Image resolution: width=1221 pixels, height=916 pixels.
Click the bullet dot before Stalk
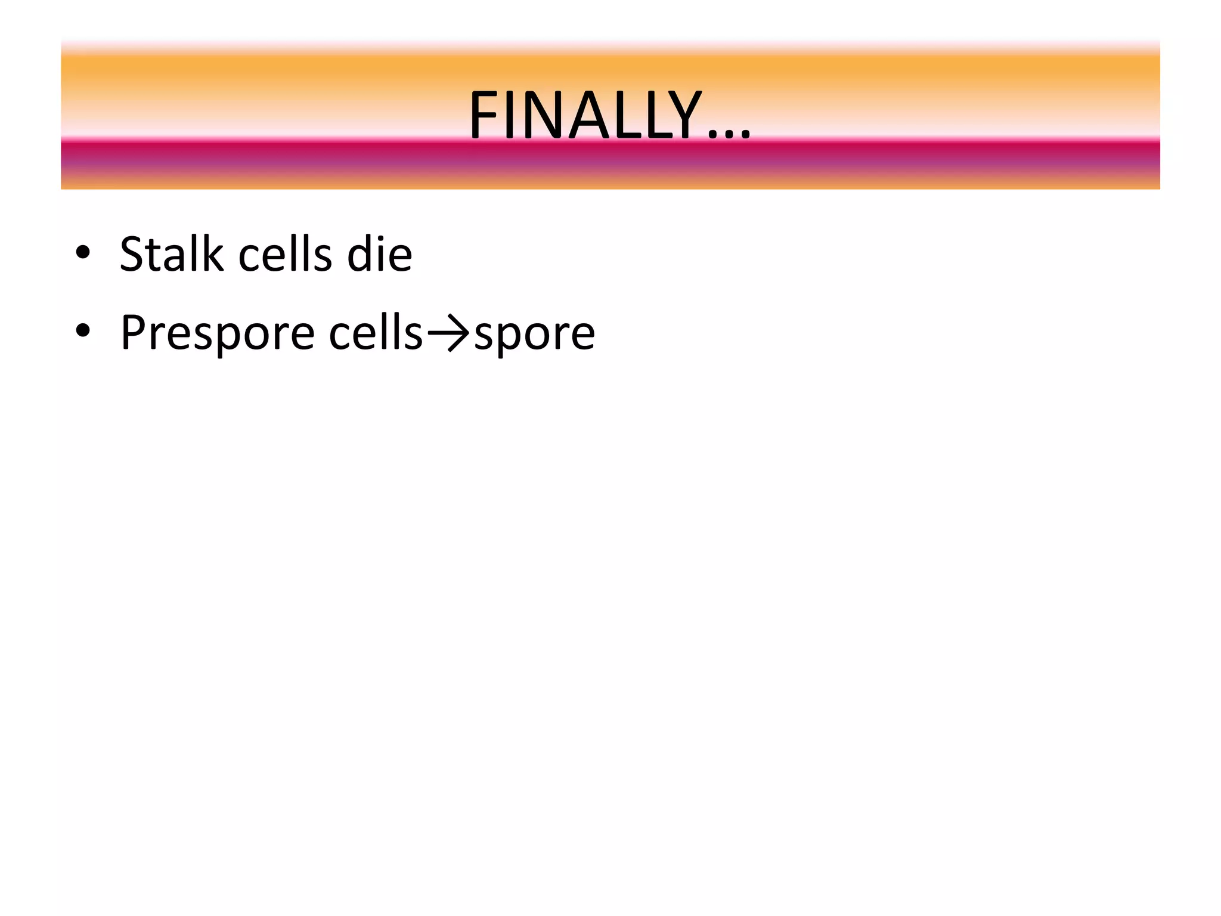point(83,252)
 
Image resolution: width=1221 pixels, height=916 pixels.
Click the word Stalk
point(171,254)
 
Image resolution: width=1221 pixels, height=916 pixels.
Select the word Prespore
point(217,334)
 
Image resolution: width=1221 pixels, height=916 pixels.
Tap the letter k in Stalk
point(213,254)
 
